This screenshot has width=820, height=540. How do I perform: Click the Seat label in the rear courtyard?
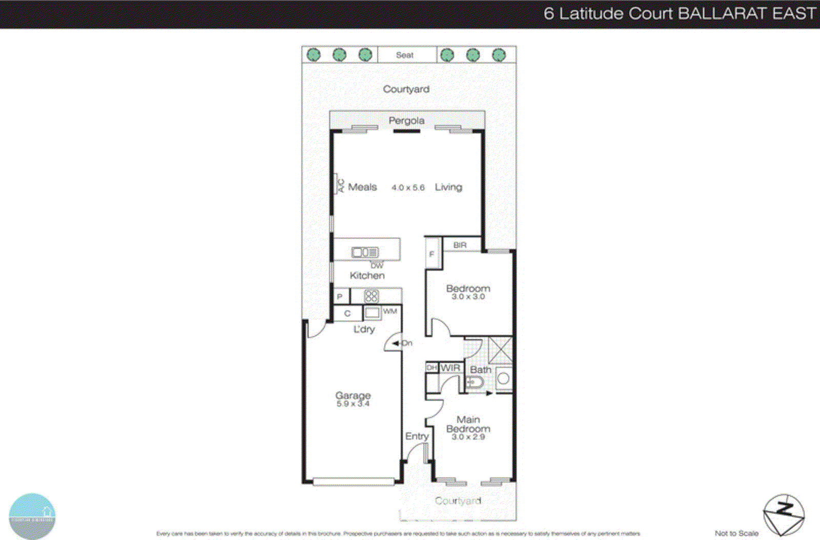coord(404,55)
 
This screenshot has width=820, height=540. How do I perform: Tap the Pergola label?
coord(406,121)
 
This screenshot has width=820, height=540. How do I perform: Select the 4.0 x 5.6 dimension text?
coord(408,188)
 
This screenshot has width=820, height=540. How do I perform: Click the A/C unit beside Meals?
coord(340,186)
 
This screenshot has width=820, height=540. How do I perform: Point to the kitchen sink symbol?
coord(364,252)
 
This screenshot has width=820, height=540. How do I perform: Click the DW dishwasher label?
coord(377,265)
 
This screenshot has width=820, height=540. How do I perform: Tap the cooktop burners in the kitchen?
coord(371,297)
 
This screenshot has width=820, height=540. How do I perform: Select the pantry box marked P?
coord(340,297)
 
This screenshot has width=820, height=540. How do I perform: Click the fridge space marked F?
coord(432,254)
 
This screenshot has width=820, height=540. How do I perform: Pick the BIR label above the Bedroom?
coord(460,245)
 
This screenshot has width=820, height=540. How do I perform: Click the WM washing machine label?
coord(389,311)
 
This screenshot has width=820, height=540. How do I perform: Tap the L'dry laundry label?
coord(364,329)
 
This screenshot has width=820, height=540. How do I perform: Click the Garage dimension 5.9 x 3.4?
coord(353,404)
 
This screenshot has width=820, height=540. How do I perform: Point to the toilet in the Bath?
coord(475,382)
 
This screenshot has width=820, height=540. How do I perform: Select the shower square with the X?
coord(500,350)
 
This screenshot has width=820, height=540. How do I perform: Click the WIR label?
coord(450,368)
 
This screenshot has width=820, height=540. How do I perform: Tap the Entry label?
coord(417,437)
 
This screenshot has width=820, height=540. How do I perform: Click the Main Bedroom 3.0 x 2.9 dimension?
coord(468,437)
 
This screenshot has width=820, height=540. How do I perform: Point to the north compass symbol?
coord(783,514)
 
